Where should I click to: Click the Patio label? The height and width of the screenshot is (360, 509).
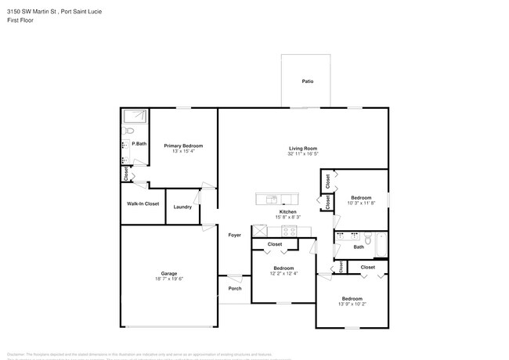coord(308,81)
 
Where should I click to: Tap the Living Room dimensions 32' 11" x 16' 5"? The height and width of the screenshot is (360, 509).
coord(302,154)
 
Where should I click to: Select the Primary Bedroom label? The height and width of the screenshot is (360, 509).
coord(183,146)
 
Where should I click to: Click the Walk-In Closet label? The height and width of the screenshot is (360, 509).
coord(143,203)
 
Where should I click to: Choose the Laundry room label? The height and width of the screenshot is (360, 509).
coord(182,207)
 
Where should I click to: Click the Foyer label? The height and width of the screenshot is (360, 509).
coord(234,235)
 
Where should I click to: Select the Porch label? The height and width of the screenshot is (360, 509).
coord(234,288)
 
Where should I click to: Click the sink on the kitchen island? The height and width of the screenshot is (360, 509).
coord(272,197)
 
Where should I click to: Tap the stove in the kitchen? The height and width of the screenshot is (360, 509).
coord(288,231)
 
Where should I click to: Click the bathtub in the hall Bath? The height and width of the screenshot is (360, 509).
coord(381,244)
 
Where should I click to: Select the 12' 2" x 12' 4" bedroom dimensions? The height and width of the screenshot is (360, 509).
coord(283,273)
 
